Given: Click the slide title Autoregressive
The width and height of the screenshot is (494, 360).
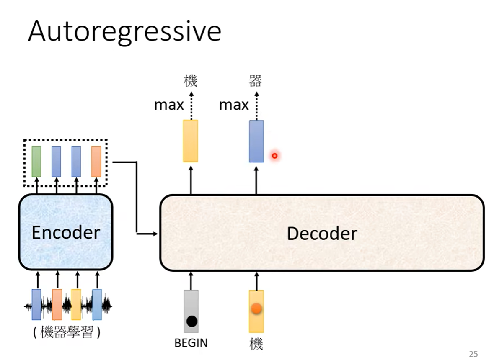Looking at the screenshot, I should click(x=124, y=31).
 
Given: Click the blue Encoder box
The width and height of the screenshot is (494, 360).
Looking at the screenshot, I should click(x=66, y=232).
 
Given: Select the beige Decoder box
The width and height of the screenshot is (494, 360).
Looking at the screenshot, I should click(x=322, y=233).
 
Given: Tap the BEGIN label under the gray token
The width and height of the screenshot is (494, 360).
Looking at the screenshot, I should click(x=191, y=343).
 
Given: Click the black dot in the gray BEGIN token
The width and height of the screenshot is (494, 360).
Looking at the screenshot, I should click(x=191, y=321).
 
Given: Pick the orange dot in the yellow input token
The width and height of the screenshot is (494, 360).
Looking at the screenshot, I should click(x=256, y=309).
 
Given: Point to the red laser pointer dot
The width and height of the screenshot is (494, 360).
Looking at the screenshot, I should click(x=275, y=156).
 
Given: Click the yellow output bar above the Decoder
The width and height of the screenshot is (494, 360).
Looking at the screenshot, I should click(x=191, y=141).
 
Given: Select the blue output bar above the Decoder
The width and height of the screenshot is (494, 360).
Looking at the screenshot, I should click(x=256, y=141).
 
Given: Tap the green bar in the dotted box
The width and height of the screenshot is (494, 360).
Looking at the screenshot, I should click(x=36, y=161).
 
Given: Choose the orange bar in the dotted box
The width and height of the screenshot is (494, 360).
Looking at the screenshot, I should click(x=96, y=161).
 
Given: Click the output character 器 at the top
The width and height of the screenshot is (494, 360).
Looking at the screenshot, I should click(x=255, y=80).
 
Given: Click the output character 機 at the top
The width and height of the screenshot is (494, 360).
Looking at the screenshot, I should click(x=190, y=80).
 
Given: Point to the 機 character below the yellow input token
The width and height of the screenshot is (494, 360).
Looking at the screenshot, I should click(x=256, y=345).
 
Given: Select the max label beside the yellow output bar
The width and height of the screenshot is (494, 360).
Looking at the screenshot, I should click(x=169, y=105).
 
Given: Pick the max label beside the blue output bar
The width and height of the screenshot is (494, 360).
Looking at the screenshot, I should click(x=234, y=105).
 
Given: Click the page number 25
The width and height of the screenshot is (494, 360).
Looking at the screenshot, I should click(x=473, y=354).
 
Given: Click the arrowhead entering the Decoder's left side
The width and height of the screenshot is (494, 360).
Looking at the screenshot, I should click(x=156, y=233).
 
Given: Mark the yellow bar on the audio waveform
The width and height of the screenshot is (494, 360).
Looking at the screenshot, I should click(x=76, y=304).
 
